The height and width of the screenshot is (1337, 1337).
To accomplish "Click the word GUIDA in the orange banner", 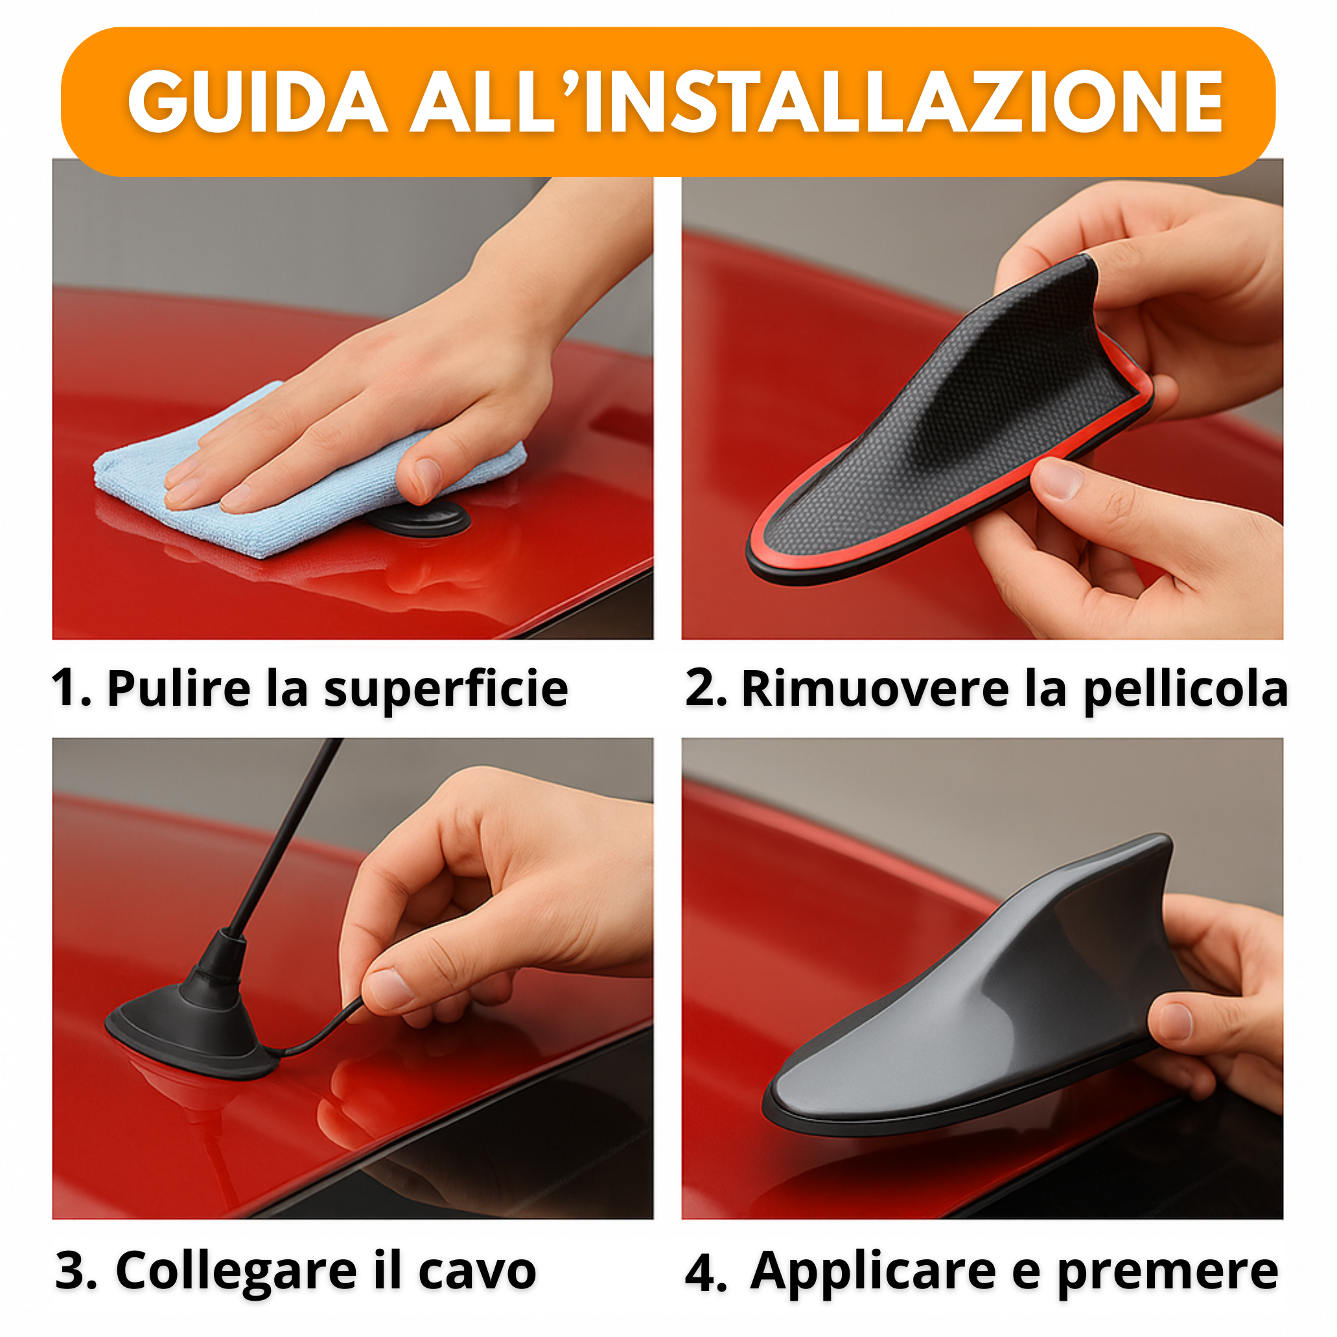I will (x=257, y=102).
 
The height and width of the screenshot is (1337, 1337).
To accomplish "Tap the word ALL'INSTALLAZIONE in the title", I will (x=817, y=102).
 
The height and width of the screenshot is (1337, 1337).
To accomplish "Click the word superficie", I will (x=446, y=690).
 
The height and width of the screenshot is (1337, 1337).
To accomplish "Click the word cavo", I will (x=478, y=1272).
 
